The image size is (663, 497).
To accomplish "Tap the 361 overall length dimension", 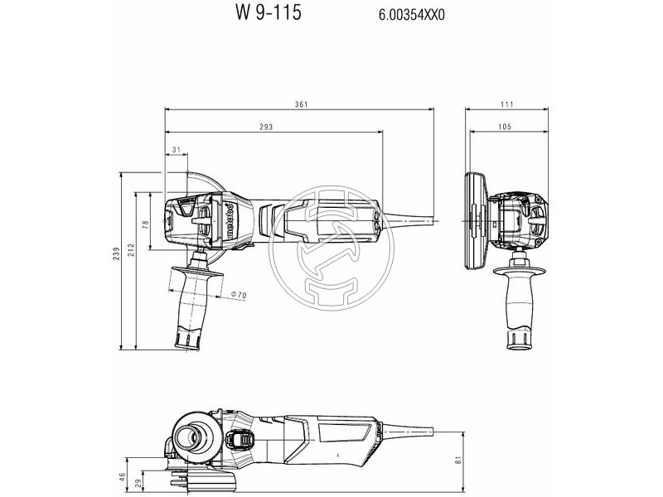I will (302, 104).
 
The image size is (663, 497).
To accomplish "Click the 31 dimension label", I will (175, 149).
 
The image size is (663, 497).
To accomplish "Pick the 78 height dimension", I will (145, 224).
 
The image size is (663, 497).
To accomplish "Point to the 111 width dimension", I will (506, 104).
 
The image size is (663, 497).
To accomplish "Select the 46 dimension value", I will (123, 477).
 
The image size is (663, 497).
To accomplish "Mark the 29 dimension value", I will (138, 482).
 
